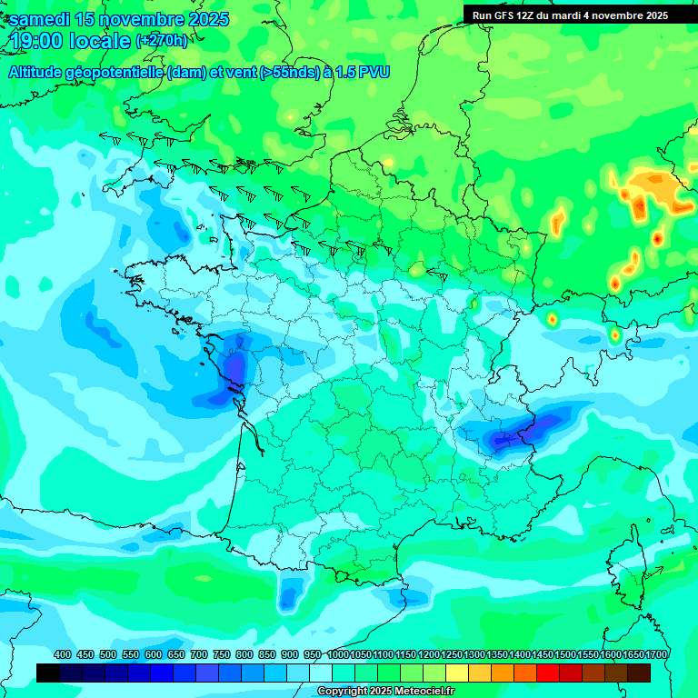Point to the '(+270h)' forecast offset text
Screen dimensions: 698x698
click(163, 40)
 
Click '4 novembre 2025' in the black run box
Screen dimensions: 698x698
click(623, 15)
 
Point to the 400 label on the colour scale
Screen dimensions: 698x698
click(63, 655)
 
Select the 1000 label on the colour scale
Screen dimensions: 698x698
click(337, 655)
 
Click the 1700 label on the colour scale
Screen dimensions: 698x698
click(657, 655)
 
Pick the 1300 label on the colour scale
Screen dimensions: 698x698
click(474, 655)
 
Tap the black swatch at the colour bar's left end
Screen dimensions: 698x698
click(48, 673)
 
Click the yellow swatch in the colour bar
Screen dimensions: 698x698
click(457, 673)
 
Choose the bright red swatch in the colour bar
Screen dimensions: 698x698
click(548, 673)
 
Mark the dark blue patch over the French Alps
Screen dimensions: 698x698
click(512, 434)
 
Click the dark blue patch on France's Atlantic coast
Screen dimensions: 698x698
click(234, 371)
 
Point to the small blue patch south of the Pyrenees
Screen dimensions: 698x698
click(289, 596)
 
